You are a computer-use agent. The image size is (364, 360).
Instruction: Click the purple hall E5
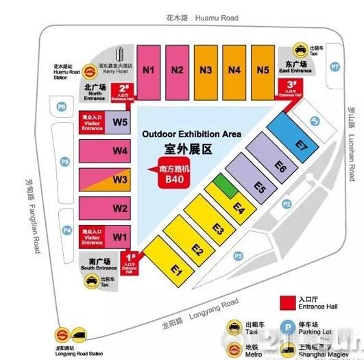coord(259,186)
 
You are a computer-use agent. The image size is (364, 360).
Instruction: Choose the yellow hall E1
coord(176,270)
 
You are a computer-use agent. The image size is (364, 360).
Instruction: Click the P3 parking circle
coord(239,256)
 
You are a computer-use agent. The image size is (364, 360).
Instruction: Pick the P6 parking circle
coord(62,106)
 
